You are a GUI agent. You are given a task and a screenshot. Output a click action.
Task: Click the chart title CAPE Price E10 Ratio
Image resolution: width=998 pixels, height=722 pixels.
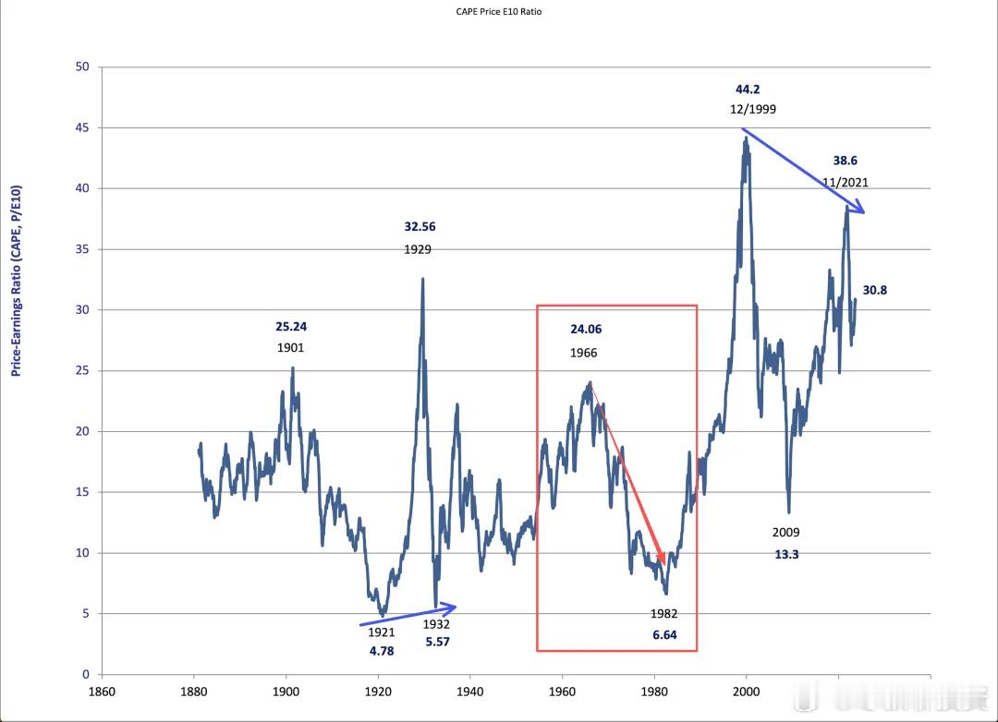pyautogui.click(x=498, y=11)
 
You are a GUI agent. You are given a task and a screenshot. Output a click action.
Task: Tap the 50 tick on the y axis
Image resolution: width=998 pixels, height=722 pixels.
pyautogui.click(x=82, y=66)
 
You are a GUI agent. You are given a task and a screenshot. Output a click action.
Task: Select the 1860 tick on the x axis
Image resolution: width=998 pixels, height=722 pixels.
pyautogui.click(x=102, y=692)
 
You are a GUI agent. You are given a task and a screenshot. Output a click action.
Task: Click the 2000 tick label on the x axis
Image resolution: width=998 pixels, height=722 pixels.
pyautogui.click(x=746, y=692)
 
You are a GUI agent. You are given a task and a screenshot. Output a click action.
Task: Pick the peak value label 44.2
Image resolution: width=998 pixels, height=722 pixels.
pyautogui.click(x=748, y=90)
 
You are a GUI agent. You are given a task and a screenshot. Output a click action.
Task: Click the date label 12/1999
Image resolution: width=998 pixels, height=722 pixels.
pyautogui.click(x=753, y=110)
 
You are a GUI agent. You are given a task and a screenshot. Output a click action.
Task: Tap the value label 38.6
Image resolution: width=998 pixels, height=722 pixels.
pyautogui.click(x=846, y=161)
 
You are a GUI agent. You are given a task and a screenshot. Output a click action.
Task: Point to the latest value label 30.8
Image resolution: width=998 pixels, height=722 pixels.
pyautogui.click(x=874, y=290)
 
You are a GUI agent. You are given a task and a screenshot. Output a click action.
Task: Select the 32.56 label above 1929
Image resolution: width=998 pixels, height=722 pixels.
pyautogui.click(x=420, y=226)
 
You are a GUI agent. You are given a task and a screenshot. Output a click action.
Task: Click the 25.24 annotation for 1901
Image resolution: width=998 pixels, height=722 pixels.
pyautogui.click(x=291, y=326)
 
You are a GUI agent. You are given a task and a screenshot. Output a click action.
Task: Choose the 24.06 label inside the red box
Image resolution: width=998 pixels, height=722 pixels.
pyautogui.click(x=586, y=329)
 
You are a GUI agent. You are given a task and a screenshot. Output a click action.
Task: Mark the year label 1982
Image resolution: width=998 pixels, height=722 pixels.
pyautogui.click(x=663, y=614)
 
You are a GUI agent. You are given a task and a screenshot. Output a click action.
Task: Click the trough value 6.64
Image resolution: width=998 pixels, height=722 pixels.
pyautogui.click(x=664, y=635)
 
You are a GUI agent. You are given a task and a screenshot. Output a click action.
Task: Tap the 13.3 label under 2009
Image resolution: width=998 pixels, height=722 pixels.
pyautogui.click(x=786, y=555)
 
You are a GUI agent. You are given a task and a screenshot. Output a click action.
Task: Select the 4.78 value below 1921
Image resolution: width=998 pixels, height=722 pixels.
pyautogui.click(x=382, y=652)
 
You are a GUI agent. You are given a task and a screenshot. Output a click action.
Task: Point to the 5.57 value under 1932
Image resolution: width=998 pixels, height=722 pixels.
pyautogui.click(x=438, y=642)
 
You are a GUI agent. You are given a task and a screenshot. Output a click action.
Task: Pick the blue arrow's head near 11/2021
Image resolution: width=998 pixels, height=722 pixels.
pyautogui.click(x=859, y=208)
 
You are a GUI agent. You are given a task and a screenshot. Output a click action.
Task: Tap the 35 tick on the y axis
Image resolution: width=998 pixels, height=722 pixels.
pyautogui.click(x=82, y=249)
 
